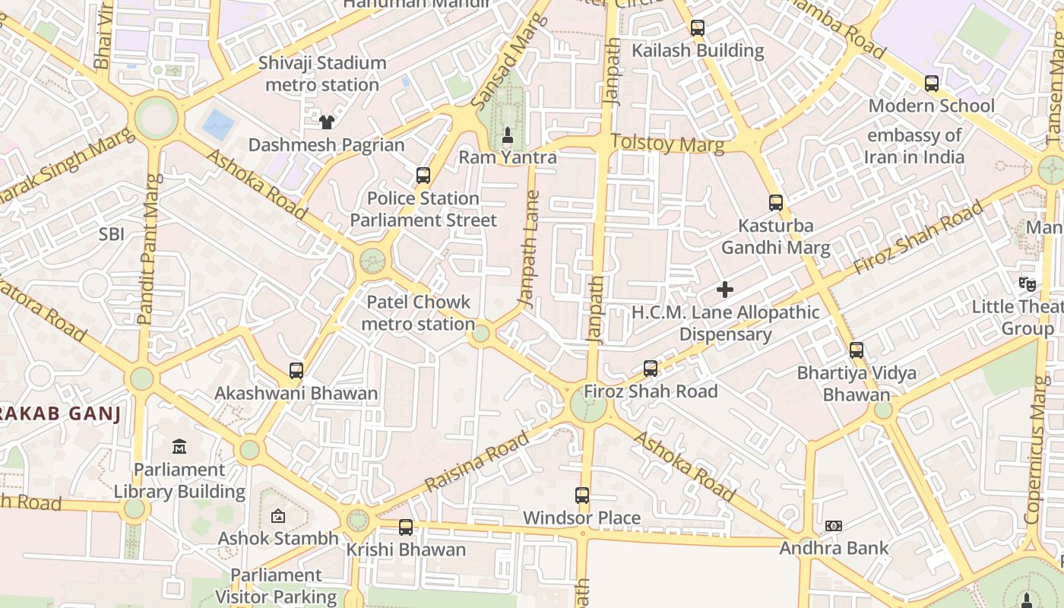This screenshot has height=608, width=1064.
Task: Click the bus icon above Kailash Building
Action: tap(697, 28)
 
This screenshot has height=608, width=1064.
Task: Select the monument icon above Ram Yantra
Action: tap(508, 135)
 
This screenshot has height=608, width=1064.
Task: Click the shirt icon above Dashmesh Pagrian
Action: tap(326, 122)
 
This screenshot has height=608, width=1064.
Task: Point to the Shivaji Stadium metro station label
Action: tap(322, 74)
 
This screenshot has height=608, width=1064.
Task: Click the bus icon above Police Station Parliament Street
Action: tap(423, 176)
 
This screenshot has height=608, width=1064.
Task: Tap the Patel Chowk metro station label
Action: tap(418, 313)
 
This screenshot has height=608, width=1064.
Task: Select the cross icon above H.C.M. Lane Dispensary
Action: tap(725, 290)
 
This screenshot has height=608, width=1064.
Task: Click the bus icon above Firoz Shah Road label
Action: tap(651, 369)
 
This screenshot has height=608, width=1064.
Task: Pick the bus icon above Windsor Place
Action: tap(582, 496)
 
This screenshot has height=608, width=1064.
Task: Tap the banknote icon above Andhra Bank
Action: tap(834, 526)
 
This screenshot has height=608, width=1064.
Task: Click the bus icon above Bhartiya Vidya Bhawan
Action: tap(857, 350)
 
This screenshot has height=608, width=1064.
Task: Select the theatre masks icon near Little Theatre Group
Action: tap(1028, 284)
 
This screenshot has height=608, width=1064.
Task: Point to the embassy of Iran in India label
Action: tap(914, 147)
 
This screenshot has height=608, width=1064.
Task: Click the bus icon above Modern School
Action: tap(931, 84)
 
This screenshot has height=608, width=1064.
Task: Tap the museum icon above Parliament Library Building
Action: tap(179, 446)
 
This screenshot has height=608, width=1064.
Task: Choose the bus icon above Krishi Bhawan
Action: tap(406, 527)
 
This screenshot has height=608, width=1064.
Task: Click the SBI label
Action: tap(111, 235)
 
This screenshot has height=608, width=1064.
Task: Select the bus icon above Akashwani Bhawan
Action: tap(296, 371)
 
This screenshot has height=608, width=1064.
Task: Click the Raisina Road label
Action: tap(477, 461)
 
